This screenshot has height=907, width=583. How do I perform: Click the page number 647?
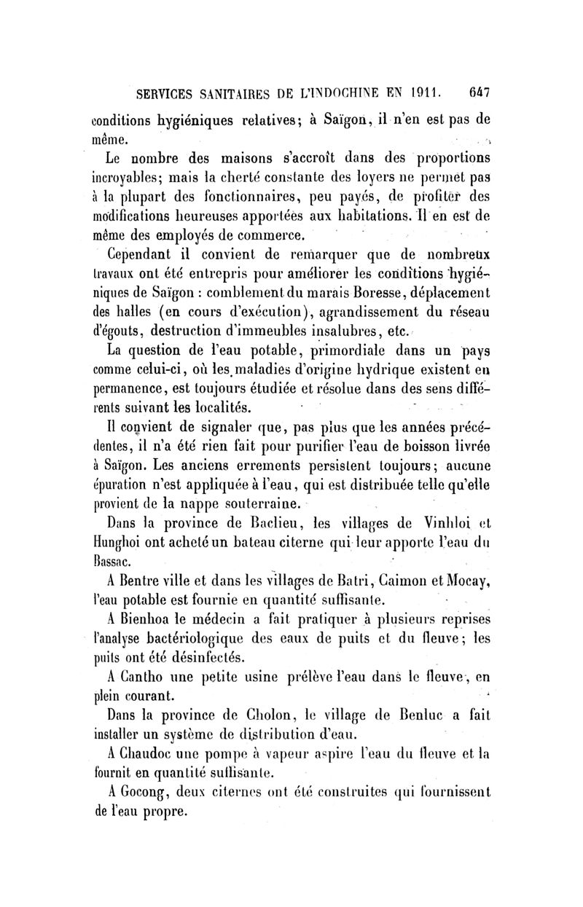(479, 93)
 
